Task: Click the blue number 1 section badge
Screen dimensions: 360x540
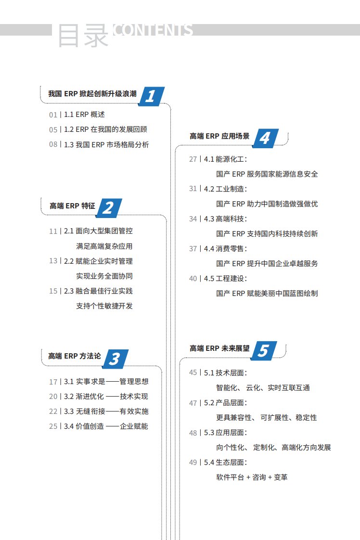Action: pyautogui.click(x=152, y=96)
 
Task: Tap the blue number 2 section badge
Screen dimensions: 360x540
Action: pyautogui.click(x=109, y=208)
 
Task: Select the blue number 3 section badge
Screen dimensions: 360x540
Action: pyautogui.click(x=115, y=359)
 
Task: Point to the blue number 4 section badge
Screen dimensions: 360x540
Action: pyautogui.click(x=265, y=139)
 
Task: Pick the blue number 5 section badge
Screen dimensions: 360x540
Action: pyautogui.click(x=264, y=350)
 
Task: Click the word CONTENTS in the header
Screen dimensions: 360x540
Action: pyautogui.click(x=153, y=30)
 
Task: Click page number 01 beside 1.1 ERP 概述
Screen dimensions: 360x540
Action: pyautogui.click(x=53, y=115)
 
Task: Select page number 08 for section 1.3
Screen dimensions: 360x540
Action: pyautogui.click(x=53, y=145)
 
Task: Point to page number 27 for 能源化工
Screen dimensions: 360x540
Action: pyautogui.click(x=193, y=159)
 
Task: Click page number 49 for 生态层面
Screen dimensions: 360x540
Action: pyautogui.click(x=193, y=463)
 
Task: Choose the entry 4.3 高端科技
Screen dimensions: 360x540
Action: pyautogui.click(x=226, y=219)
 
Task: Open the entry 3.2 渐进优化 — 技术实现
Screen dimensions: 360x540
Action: pyautogui.click(x=106, y=397)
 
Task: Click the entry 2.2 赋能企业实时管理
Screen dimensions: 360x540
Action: pyautogui.click(x=98, y=261)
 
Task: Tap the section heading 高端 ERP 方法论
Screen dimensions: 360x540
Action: pyautogui.click(x=75, y=356)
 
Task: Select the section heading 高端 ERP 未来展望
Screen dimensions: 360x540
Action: pyautogui.click(x=219, y=348)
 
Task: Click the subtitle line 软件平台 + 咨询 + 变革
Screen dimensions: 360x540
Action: pyautogui.click(x=252, y=477)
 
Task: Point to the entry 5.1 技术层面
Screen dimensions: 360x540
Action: pyautogui.click(x=226, y=373)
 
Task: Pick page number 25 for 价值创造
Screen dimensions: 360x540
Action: pyautogui.click(x=53, y=426)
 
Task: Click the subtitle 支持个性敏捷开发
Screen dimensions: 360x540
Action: pyautogui.click(x=104, y=306)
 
